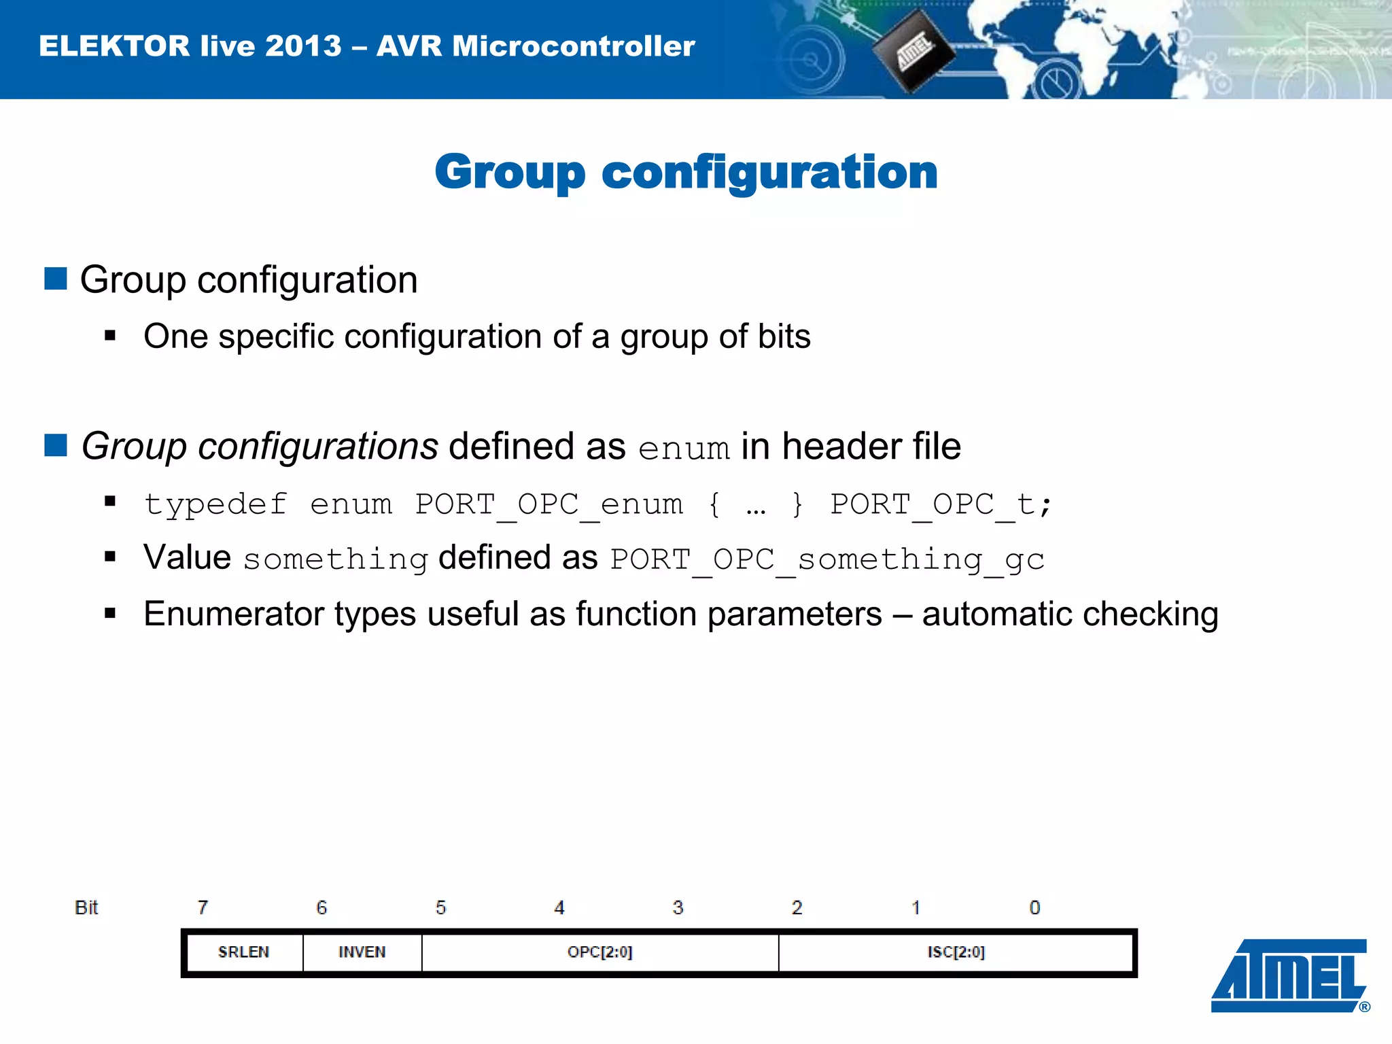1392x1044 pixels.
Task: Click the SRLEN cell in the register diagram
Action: pyautogui.click(x=243, y=952)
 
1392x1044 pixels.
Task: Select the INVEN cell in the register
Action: pyautogui.click(x=362, y=952)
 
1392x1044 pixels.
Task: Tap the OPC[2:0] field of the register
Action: pyautogui.click(x=599, y=952)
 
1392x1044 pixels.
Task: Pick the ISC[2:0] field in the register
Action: pyautogui.click(x=956, y=952)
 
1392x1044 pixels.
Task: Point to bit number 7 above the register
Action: pyautogui.click(x=203, y=907)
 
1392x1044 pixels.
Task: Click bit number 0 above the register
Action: pyautogui.click(x=1034, y=907)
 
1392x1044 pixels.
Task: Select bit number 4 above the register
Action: pyautogui.click(x=559, y=907)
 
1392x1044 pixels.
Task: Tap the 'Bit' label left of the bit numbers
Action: pyautogui.click(x=86, y=907)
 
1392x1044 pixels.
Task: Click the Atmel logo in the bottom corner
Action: pyautogui.click(x=1289, y=975)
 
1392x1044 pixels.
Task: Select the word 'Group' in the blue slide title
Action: pyautogui.click(x=509, y=172)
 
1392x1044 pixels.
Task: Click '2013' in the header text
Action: pyautogui.click(x=303, y=46)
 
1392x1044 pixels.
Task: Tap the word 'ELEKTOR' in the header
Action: pyautogui.click(x=114, y=46)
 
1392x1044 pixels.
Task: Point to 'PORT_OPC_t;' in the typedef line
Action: pyautogui.click(x=941, y=504)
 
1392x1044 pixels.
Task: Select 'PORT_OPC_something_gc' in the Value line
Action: pyautogui.click(x=826, y=559)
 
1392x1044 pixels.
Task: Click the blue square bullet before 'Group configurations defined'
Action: pyautogui.click(x=56, y=445)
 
